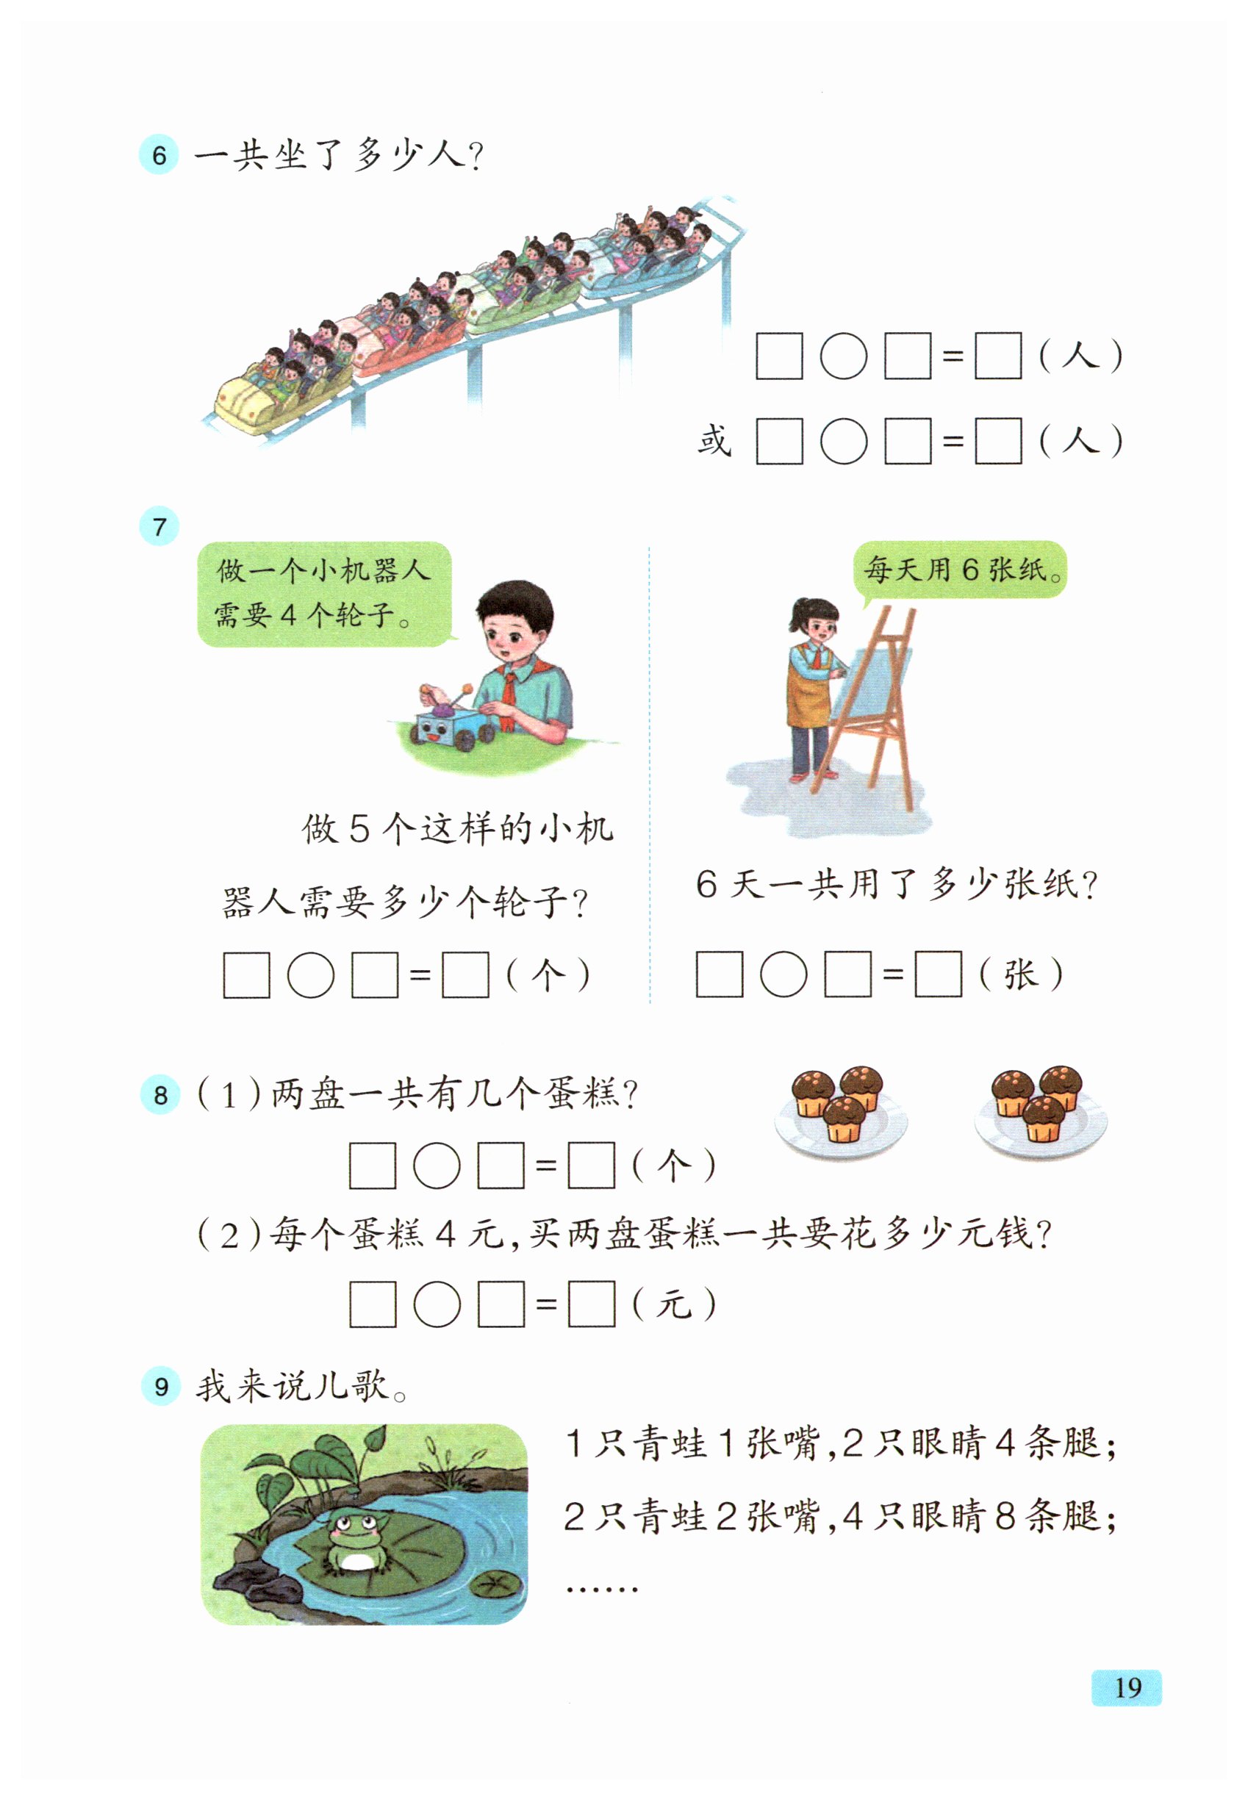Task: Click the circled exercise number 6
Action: tap(159, 154)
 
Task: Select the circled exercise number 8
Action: tap(160, 1094)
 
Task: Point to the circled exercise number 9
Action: tap(160, 1386)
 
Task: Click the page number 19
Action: tap(1126, 1687)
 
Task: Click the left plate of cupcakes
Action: tap(841, 1110)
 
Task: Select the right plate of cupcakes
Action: tap(1040, 1110)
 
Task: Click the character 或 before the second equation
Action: tap(714, 440)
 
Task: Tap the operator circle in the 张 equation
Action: tap(783, 974)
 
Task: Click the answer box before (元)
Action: tap(591, 1303)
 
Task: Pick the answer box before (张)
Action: tap(938, 974)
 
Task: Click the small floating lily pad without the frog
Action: tap(494, 1584)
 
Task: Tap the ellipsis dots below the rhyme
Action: tap(601, 1590)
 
